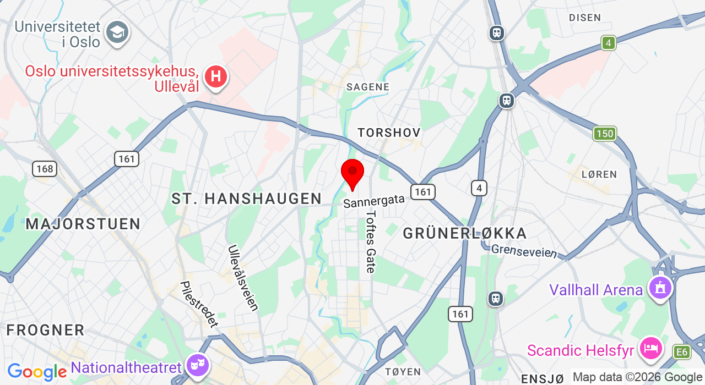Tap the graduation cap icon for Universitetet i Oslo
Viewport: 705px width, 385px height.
[117, 33]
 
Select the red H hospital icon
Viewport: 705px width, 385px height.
[216, 76]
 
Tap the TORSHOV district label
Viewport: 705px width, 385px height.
[389, 133]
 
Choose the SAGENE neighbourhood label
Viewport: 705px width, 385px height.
[367, 87]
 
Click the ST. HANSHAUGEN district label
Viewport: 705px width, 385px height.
[246, 199]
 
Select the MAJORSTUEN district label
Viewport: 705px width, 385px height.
[83, 224]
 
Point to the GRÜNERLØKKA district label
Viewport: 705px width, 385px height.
[465, 233]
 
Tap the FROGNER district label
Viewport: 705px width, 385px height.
[46, 330]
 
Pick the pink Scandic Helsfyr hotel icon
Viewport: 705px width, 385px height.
[651, 348]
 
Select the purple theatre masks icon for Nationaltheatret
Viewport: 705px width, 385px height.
[197, 365]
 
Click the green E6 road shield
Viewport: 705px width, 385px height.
[682, 352]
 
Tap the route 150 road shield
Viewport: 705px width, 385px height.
[604, 134]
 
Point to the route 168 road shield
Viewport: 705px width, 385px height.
[45, 168]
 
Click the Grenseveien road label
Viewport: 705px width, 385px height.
[523, 251]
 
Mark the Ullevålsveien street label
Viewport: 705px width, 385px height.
[243, 278]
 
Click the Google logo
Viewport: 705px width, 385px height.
[36, 372]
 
